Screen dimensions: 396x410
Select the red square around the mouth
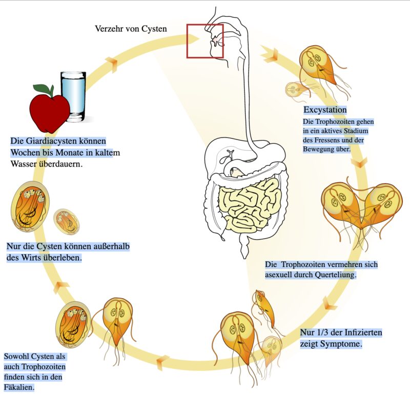[x=205, y=41]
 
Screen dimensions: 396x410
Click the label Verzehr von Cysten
[x=131, y=29]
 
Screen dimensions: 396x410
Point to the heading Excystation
[x=325, y=110]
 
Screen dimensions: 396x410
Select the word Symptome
[x=341, y=343]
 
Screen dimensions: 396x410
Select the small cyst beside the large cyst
[x=66, y=221]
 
